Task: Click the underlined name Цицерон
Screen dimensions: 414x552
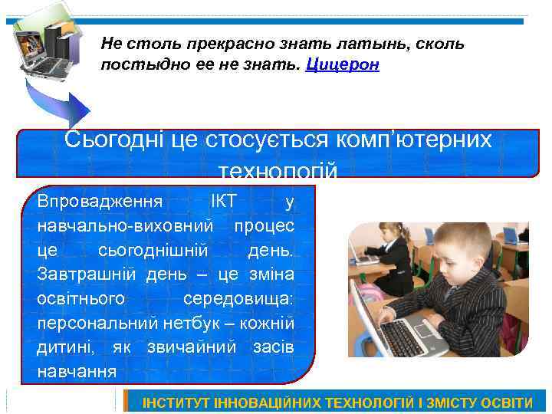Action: [x=342, y=64]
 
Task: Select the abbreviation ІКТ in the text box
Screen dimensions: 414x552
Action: [x=224, y=202]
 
